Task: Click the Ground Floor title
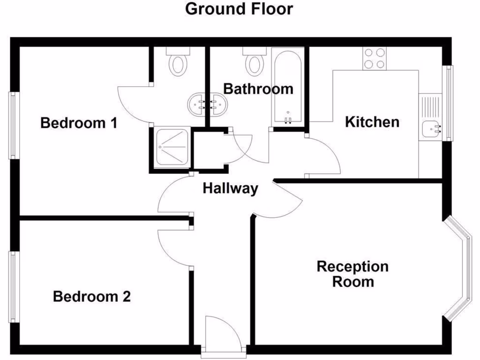pyautogui.click(x=239, y=9)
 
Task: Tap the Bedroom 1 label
pyautogui.click(x=78, y=123)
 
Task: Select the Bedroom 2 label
pyautogui.click(x=91, y=297)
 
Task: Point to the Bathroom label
pyautogui.click(x=258, y=89)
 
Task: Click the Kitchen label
pyautogui.click(x=372, y=122)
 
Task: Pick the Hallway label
pyautogui.click(x=230, y=188)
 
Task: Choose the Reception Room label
pyautogui.click(x=352, y=274)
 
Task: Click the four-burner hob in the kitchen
pyautogui.click(x=374, y=59)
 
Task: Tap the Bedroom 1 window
pyautogui.click(x=13, y=125)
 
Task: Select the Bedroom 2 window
pyautogui.click(x=13, y=287)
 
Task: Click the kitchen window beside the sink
pyautogui.click(x=449, y=103)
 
